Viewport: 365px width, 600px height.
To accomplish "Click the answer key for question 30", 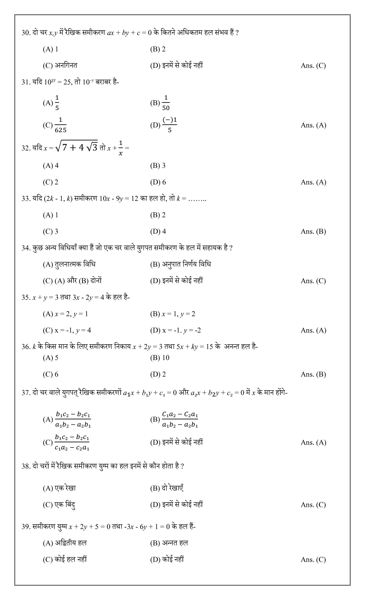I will pos(313,66).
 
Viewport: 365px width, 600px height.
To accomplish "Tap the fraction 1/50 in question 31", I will pos(166,103).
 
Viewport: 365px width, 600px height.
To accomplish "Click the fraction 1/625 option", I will pos(60,125).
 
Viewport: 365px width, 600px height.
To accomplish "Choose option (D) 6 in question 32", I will pos(158,182).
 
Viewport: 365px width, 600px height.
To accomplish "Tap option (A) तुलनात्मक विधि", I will pos(69,264).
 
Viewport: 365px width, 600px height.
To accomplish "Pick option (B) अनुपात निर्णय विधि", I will pos(180,264).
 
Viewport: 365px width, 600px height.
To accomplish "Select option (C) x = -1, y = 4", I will pos(67,330).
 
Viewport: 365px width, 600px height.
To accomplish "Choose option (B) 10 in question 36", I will pos(160,358).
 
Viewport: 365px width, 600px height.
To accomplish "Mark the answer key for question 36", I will pos(313,374).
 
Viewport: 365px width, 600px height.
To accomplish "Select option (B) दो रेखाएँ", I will pos(167,488).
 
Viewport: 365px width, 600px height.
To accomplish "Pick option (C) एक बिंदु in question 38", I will pos(59,505).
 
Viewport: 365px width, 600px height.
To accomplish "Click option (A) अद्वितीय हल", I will pos(65,543).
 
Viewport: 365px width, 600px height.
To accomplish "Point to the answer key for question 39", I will pos(313,560).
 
